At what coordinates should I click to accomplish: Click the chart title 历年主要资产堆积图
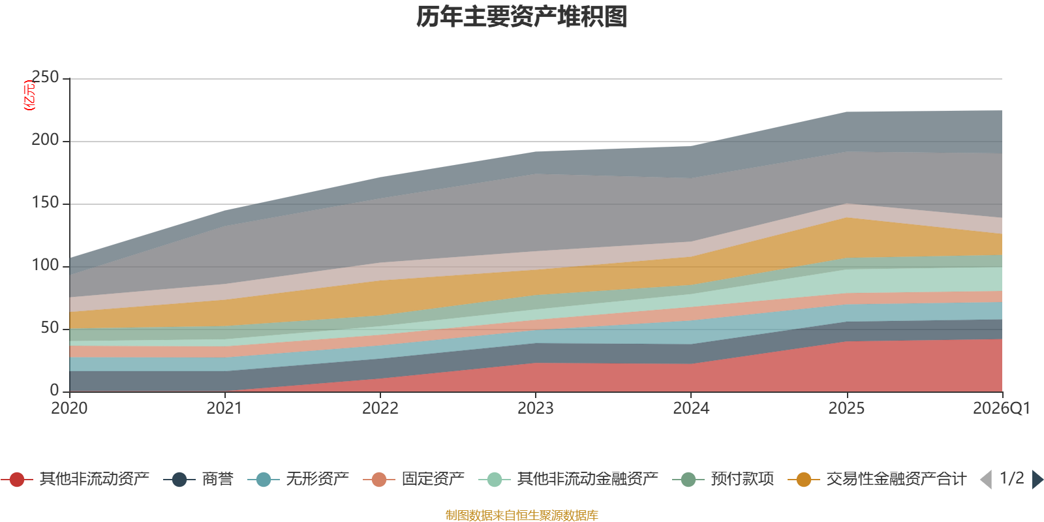(521, 17)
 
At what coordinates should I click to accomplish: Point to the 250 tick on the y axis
(45, 78)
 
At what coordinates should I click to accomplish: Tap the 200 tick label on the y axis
(45, 140)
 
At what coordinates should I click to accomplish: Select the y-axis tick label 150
(45, 203)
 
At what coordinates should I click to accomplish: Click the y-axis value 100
(45, 265)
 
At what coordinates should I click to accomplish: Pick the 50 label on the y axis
(50, 328)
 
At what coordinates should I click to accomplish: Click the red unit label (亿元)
(29, 95)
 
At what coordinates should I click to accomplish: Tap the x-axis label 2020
(69, 408)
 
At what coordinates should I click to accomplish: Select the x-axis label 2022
(380, 408)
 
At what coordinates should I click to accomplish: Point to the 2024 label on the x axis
(691, 408)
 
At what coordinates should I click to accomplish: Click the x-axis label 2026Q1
(1002, 408)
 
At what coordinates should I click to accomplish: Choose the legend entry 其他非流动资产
(75, 479)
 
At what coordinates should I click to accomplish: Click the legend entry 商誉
(198, 479)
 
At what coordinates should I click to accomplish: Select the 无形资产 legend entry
(298, 479)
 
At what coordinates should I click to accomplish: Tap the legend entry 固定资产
(414, 479)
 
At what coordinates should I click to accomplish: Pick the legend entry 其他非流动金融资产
(568, 479)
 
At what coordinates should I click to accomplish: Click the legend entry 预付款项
(724, 479)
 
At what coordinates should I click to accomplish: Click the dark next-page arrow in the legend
(1037, 479)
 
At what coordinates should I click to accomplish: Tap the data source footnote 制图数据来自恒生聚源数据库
(521, 515)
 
